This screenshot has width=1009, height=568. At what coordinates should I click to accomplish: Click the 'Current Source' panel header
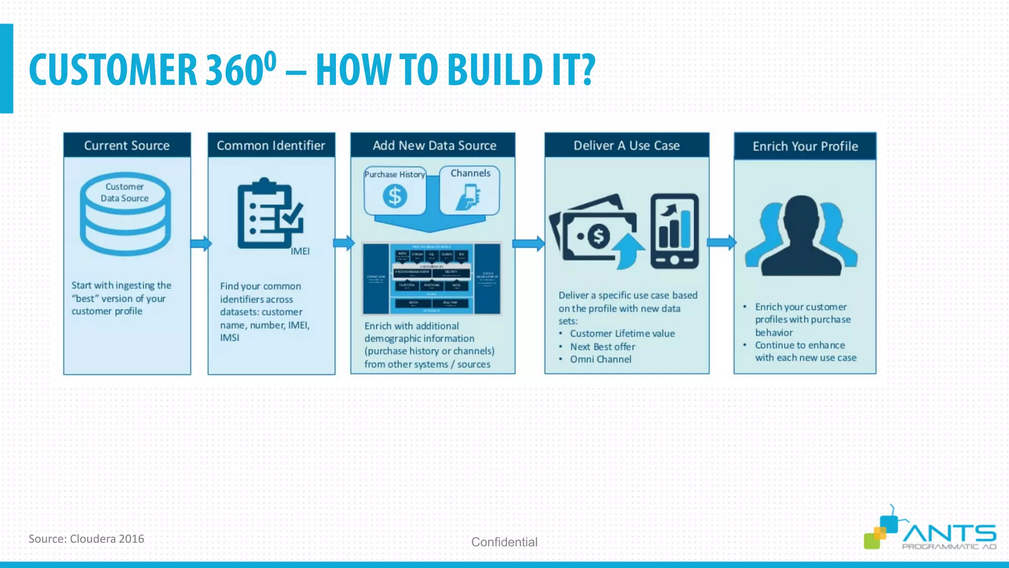coord(127,145)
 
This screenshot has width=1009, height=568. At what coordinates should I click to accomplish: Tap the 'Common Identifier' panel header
coord(271,145)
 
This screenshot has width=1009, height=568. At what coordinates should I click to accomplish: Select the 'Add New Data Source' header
coord(434,145)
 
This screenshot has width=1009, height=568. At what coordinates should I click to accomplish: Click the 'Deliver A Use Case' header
coord(626,145)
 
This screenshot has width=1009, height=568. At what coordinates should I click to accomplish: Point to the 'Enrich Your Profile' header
coord(805,146)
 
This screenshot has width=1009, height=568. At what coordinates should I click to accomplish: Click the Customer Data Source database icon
coord(125,214)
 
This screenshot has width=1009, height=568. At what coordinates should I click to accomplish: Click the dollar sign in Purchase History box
coord(395,197)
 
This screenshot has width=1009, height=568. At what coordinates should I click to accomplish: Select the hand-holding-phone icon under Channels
coord(469,197)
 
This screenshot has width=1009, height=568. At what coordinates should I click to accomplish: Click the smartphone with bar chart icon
coord(674,231)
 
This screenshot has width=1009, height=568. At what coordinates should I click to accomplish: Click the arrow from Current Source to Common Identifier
coord(201,244)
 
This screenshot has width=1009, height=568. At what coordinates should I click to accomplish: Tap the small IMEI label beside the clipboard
coord(300,251)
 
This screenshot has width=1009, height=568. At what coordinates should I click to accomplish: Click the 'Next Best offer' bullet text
coord(603,347)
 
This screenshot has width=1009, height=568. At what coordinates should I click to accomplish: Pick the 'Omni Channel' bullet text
coord(601,359)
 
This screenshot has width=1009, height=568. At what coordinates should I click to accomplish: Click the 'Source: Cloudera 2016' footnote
coord(86,539)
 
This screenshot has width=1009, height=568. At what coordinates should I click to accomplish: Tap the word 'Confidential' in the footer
coord(504,542)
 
